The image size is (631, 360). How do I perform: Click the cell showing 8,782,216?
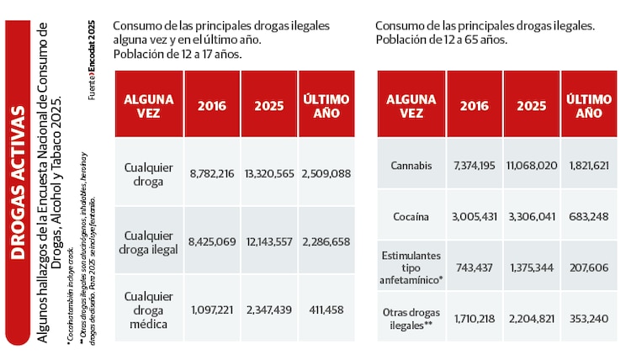(x=212, y=173)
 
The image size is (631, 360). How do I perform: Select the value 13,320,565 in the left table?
(x=269, y=173)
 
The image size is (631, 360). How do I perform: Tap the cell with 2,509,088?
(x=326, y=173)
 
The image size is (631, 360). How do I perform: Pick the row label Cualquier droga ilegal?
(x=148, y=241)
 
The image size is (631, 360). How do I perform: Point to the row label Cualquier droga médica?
(x=148, y=309)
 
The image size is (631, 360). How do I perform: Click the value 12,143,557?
(x=269, y=241)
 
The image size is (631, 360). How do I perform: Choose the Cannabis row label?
(x=411, y=166)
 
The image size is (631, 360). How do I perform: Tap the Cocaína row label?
(x=411, y=216)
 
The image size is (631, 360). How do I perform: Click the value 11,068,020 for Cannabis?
(x=532, y=166)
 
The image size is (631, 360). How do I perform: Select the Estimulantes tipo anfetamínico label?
(x=411, y=266)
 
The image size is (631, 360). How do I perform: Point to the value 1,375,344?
(x=532, y=266)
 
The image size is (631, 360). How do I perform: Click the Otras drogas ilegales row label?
(x=411, y=318)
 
